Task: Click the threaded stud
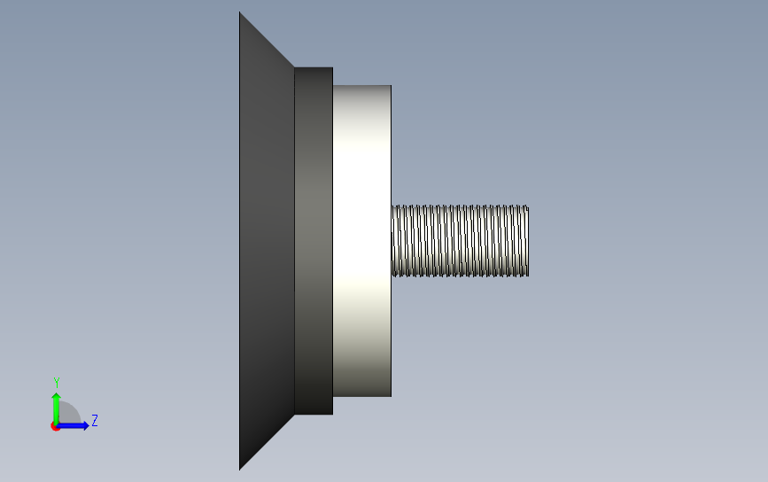point(460,241)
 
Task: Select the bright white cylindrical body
point(362,241)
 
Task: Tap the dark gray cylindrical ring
point(314,241)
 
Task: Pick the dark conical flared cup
point(267,241)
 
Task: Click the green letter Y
point(57,383)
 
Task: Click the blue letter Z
point(95,420)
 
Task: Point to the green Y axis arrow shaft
point(56,410)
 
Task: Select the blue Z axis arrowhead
point(86,425)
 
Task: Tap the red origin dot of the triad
point(55,427)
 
